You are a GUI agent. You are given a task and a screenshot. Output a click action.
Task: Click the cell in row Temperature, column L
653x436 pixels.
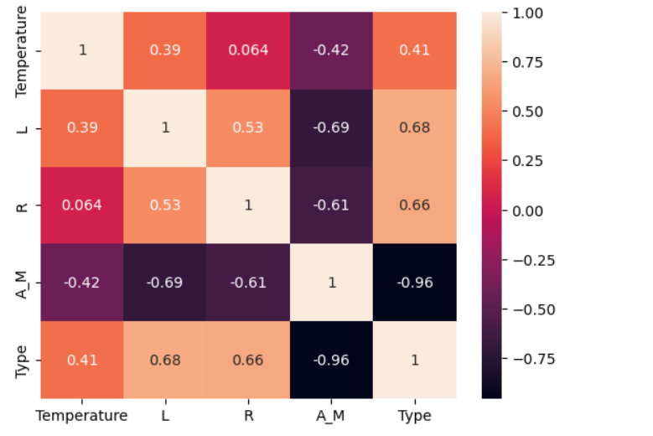point(165,50)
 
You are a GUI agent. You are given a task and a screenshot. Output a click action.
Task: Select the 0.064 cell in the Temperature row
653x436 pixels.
point(248,50)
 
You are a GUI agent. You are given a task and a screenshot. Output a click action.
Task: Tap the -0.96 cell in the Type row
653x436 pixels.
point(332,360)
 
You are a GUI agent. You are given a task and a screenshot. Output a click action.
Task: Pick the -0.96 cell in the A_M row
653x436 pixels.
point(415,283)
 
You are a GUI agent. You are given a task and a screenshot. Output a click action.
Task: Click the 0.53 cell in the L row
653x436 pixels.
point(248,127)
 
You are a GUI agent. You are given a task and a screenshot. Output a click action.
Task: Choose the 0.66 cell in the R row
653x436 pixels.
point(415,205)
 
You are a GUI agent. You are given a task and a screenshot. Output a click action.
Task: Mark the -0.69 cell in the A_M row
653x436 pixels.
point(165,283)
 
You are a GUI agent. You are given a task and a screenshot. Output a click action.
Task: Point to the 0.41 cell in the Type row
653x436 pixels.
point(82,360)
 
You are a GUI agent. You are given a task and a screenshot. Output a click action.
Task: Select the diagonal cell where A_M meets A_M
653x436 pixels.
point(332,283)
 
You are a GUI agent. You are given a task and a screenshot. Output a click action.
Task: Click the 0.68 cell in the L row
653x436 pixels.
point(415,127)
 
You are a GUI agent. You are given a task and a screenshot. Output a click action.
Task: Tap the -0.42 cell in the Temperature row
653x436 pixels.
point(332,50)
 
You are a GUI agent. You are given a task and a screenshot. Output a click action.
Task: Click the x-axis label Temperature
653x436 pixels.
point(82,416)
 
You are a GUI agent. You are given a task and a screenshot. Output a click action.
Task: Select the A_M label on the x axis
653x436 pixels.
point(332,416)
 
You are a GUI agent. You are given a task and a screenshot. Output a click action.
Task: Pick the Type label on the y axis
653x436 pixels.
point(23,360)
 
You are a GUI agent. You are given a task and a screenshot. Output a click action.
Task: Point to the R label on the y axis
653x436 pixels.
point(23,205)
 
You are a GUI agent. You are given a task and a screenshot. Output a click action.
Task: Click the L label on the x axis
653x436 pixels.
point(165,416)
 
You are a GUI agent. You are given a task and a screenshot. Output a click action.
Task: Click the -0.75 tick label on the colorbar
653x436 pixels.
point(528,359)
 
